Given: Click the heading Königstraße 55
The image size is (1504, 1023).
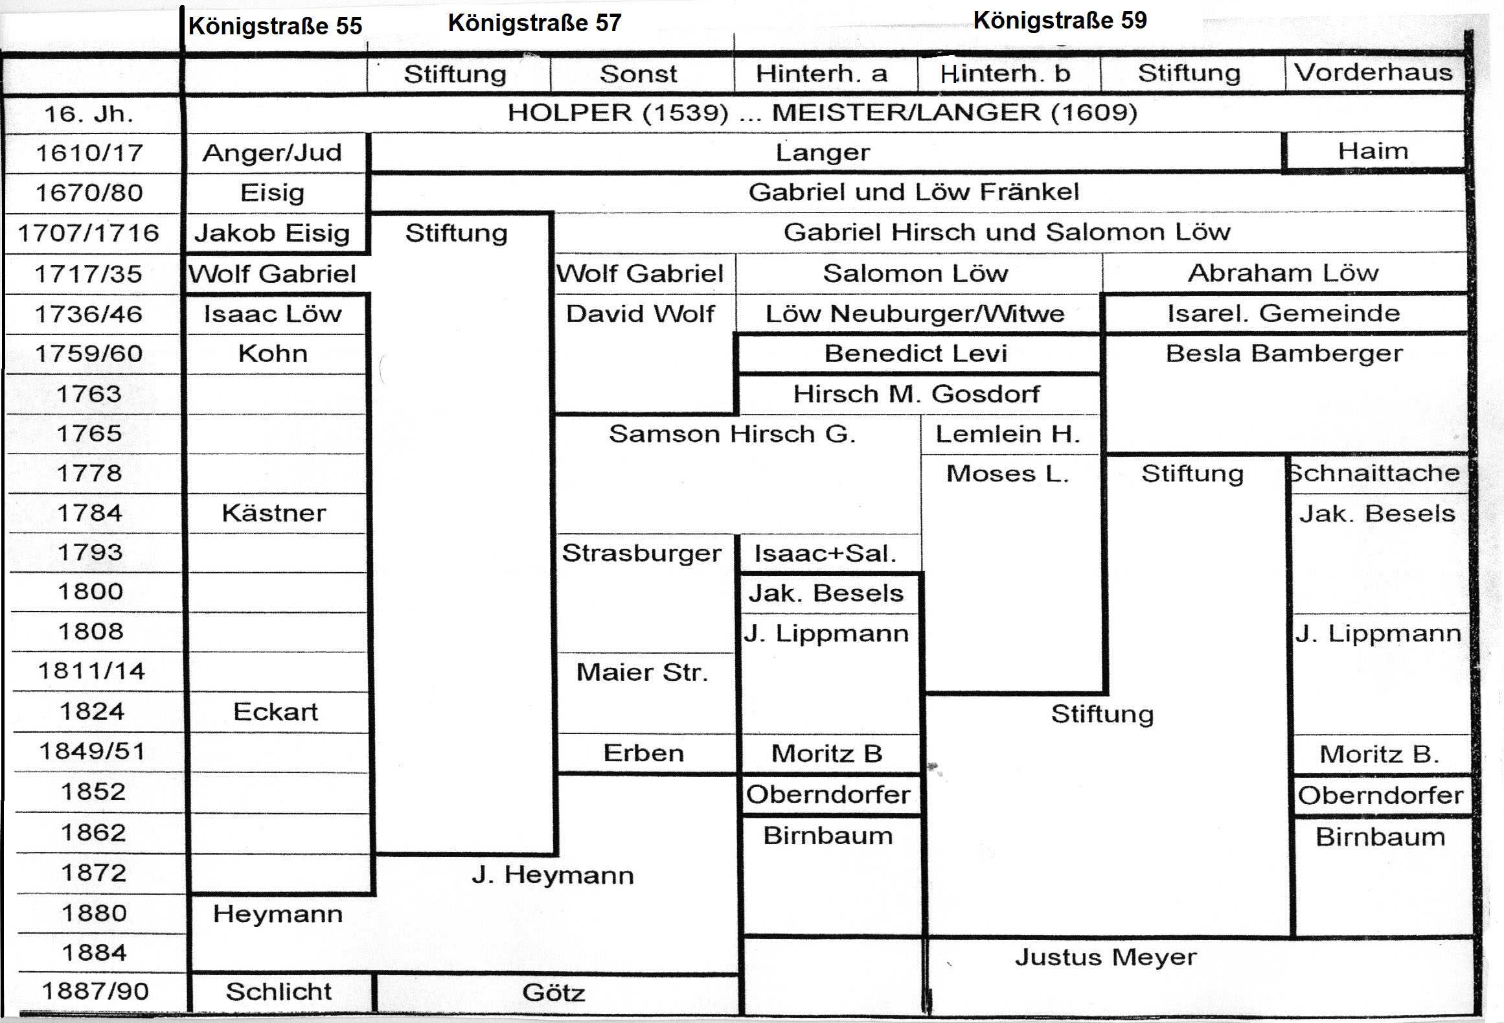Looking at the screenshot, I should [x=275, y=26].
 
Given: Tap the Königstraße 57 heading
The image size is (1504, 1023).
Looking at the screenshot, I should [x=534, y=23].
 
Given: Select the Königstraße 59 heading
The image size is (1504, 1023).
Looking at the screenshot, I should [x=1060, y=20].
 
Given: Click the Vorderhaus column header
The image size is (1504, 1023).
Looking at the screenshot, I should [x=1373, y=72].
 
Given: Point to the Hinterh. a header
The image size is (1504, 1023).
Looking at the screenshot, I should [x=821, y=73].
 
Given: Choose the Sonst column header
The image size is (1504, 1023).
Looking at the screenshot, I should [x=638, y=74].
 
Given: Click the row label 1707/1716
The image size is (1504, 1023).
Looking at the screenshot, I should [x=89, y=233].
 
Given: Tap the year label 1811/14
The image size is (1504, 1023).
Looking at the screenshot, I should [x=91, y=671].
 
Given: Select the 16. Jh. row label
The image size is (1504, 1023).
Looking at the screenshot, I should [x=89, y=114].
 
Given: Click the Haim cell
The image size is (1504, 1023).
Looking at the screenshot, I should [x=1373, y=151].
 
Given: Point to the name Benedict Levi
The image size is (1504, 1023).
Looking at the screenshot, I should [x=915, y=354].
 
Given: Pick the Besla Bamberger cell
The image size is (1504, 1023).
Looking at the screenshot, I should [x=1284, y=354].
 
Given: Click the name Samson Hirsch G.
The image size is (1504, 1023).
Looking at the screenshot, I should [x=732, y=433].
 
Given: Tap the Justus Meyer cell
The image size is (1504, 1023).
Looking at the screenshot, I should [x=1105, y=957].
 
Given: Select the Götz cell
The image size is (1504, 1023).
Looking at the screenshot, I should [x=554, y=993].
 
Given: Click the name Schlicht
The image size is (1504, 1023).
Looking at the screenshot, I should [x=279, y=991].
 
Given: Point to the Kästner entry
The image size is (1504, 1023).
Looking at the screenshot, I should [x=273, y=513].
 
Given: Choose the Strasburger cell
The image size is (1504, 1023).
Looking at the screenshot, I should [x=641, y=553].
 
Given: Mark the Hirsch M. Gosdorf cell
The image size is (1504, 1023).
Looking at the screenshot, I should [x=916, y=394].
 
